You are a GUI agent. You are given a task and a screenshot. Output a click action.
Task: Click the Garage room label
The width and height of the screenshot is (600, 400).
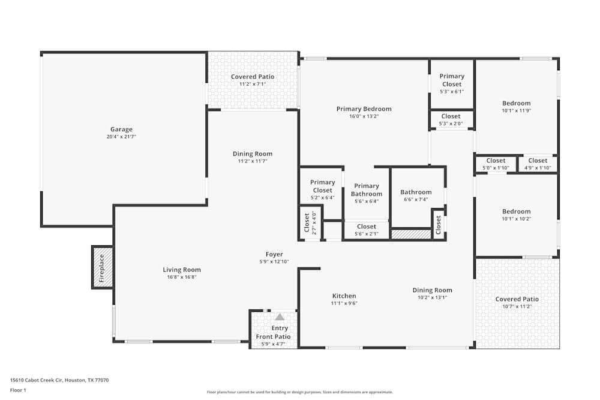[121, 130]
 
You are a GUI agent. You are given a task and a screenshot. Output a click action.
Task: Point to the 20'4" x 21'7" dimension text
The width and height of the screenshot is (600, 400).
[121, 137]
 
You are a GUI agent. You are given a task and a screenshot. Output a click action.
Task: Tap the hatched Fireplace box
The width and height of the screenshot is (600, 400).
[102, 267]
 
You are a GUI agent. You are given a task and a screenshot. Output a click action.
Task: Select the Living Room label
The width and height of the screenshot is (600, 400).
[182, 270]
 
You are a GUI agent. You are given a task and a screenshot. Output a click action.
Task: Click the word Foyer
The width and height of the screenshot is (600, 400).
[274, 254]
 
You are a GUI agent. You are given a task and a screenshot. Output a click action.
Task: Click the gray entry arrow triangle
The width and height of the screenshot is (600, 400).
[280, 317]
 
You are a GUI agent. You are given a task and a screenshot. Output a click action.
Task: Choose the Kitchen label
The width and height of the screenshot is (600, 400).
[344, 296]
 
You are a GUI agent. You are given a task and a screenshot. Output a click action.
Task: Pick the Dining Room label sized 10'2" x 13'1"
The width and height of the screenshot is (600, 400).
[432, 290]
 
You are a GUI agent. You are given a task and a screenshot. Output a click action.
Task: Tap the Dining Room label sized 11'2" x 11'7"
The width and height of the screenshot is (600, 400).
[253, 154]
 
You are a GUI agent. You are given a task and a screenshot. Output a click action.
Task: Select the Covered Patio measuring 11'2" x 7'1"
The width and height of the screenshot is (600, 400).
[253, 77]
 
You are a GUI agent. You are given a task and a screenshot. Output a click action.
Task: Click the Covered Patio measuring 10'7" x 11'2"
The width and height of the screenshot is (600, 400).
[517, 299]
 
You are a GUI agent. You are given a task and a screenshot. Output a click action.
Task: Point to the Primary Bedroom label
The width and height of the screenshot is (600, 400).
[364, 109]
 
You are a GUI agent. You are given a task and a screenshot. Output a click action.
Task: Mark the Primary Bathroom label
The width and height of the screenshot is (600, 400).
[366, 190]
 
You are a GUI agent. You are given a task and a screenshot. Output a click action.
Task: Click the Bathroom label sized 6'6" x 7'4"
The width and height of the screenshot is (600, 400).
[416, 193]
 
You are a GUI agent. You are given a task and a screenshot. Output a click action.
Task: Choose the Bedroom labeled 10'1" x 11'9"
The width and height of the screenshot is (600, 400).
[516, 103]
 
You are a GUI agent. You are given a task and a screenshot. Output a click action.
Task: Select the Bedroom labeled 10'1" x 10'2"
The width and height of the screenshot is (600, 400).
[516, 212]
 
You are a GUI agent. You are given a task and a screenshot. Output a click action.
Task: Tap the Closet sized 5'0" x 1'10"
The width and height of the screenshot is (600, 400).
[496, 161]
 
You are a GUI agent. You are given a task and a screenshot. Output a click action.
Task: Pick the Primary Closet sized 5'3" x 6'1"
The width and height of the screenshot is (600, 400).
[452, 80]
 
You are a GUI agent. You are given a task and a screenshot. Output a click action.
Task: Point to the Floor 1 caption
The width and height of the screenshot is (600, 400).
[18, 390]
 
